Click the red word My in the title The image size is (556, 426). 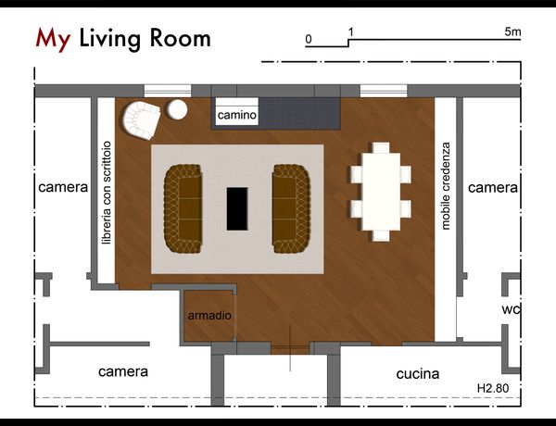pos(53,39)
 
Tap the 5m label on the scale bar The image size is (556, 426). pos(512,31)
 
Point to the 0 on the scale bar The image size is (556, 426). pos(309,39)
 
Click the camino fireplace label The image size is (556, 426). pos(237,115)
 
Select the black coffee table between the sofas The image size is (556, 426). pos(237,208)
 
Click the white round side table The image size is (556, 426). pos(177,109)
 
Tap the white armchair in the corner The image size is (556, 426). pos(142,119)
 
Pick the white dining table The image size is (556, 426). pos(381,192)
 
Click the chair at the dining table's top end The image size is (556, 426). pos(381,148)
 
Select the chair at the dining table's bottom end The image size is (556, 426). pos(381,235)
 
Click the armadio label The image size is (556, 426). pos(209,316)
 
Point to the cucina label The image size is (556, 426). pos(418,373)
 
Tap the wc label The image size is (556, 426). pos(511,309)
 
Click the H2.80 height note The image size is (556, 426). pos(493,388)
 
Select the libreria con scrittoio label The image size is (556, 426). pos(107,193)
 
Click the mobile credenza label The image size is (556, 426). pos(446,186)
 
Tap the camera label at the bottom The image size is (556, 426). pos(123,371)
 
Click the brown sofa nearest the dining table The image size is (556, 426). pos(292,208)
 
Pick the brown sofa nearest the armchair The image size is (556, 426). pos(183,208)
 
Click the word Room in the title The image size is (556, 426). pos(180,38)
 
